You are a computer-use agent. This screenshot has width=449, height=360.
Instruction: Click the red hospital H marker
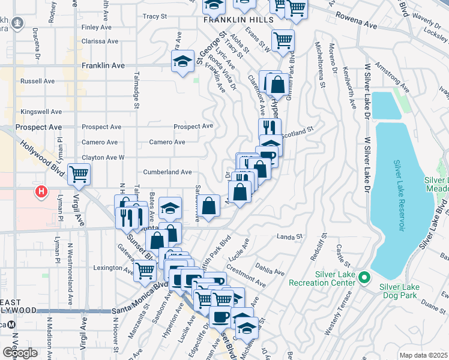point(41,193)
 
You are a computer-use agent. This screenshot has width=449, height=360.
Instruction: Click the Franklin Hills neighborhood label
point(238,20)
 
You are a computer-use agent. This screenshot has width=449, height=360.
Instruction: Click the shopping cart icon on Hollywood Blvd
point(79,175)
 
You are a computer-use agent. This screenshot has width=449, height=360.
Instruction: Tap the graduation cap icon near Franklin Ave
point(182,61)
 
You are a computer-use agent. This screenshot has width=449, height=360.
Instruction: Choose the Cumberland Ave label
point(167,172)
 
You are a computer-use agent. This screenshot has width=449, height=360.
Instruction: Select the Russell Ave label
point(37,81)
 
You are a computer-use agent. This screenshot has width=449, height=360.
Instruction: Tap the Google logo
point(20,353)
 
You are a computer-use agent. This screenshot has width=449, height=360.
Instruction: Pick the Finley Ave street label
point(97,28)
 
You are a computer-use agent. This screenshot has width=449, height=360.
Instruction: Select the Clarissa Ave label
point(100,42)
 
